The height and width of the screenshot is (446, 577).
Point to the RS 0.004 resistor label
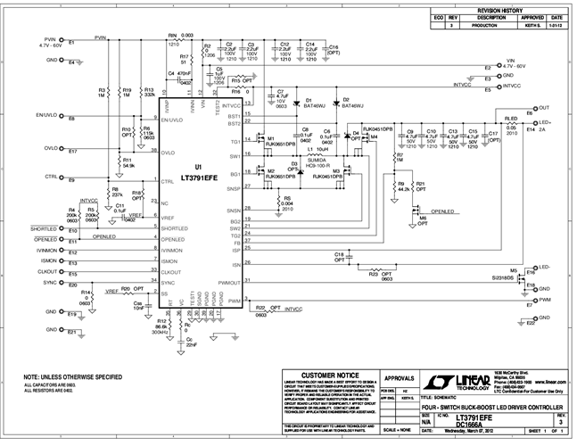coord(287,201)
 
